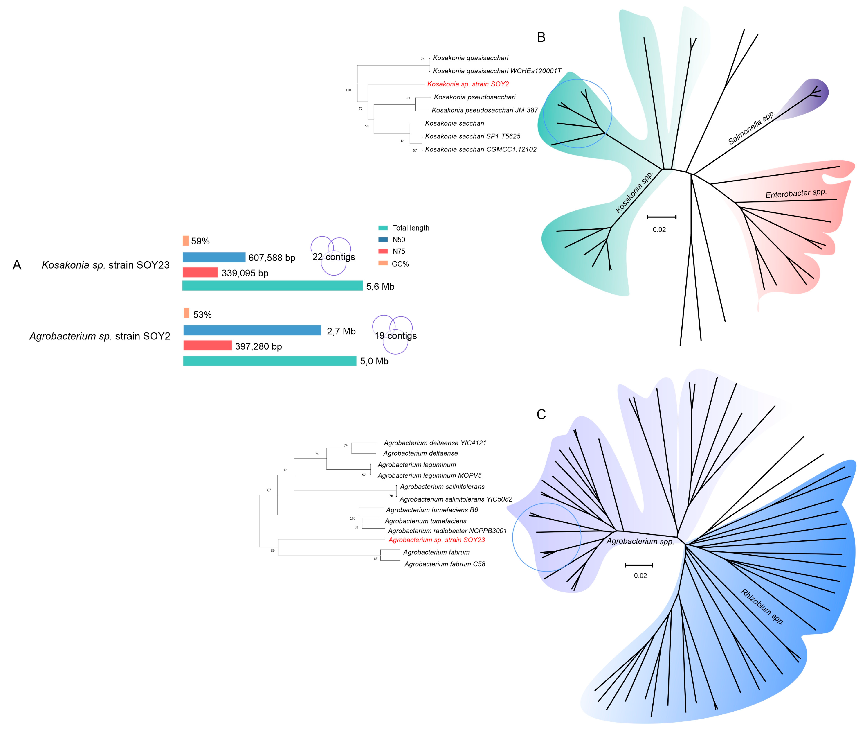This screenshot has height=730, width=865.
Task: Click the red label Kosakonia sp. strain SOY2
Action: tap(468, 84)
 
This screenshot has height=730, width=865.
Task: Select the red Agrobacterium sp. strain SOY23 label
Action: tap(436, 540)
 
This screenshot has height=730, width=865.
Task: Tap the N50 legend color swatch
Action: tap(383, 240)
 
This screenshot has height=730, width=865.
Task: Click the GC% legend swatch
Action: tap(383, 263)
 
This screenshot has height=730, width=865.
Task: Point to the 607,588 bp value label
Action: tap(272, 258)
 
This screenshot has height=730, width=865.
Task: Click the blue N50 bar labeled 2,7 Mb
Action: tap(252, 330)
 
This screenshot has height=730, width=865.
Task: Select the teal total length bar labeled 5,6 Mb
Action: tap(272, 286)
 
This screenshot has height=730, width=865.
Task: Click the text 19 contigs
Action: tap(395, 336)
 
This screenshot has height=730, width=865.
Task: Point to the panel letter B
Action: tap(541, 37)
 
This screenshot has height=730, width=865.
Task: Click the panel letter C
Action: tap(541, 414)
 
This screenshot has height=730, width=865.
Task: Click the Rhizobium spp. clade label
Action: tap(762, 607)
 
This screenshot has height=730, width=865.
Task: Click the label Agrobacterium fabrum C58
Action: tap(445, 564)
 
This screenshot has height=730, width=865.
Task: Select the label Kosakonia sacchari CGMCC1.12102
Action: tap(481, 149)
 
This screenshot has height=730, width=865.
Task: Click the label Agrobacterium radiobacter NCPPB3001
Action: tap(447, 531)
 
